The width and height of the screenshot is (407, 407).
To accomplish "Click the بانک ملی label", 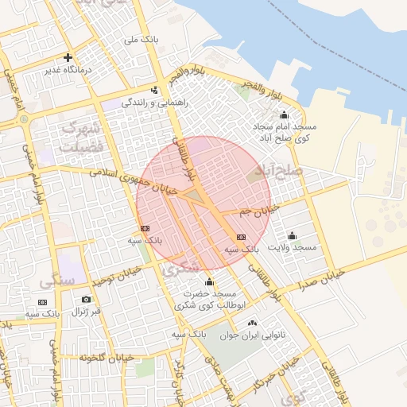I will point(146,38).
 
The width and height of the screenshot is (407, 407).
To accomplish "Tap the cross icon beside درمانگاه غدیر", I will point(68,57).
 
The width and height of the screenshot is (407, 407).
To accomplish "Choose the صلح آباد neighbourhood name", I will point(279,171).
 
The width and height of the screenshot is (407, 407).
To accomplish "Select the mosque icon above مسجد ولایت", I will point(292,235).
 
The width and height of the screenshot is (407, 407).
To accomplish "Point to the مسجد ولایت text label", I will point(292,248).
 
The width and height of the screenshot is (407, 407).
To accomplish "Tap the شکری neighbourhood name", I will point(181,269).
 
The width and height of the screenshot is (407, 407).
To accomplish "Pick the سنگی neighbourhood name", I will point(56,281).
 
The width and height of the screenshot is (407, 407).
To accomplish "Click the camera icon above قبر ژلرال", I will point(86,300).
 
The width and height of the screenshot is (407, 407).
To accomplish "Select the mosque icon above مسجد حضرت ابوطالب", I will point(209,281).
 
